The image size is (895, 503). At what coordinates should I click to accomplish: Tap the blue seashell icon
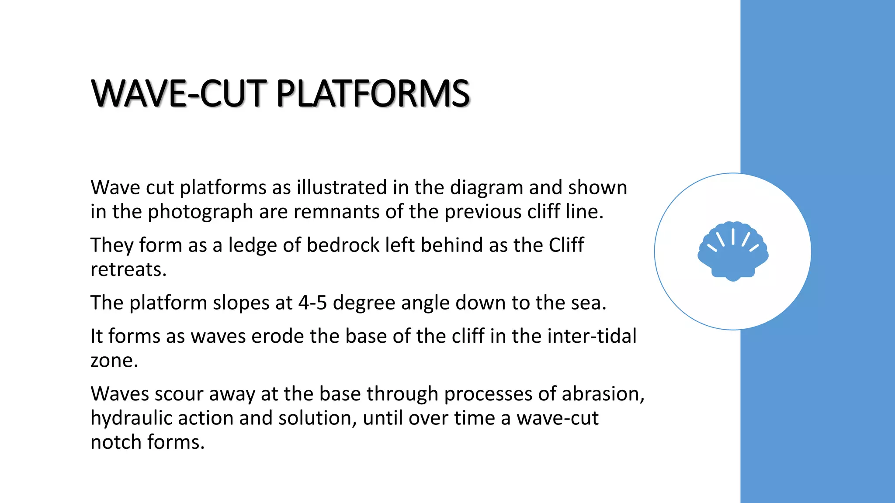point(733,251)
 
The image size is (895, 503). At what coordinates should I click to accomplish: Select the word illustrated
point(342,188)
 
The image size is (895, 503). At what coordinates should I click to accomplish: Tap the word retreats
point(128,269)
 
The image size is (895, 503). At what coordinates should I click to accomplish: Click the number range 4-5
point(312,303)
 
